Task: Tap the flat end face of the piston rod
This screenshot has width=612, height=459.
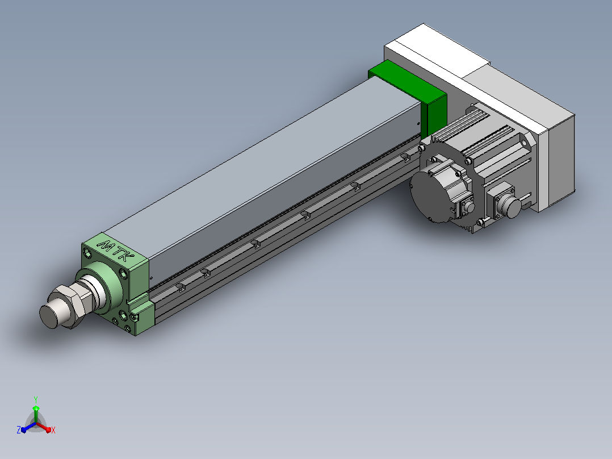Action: (x=48, y=316)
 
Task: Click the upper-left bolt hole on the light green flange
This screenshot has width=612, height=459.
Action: (x=88, y=251)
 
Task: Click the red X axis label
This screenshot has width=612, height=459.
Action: (x=53, y=430)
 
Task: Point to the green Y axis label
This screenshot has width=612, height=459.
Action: (x=36, y=399)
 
